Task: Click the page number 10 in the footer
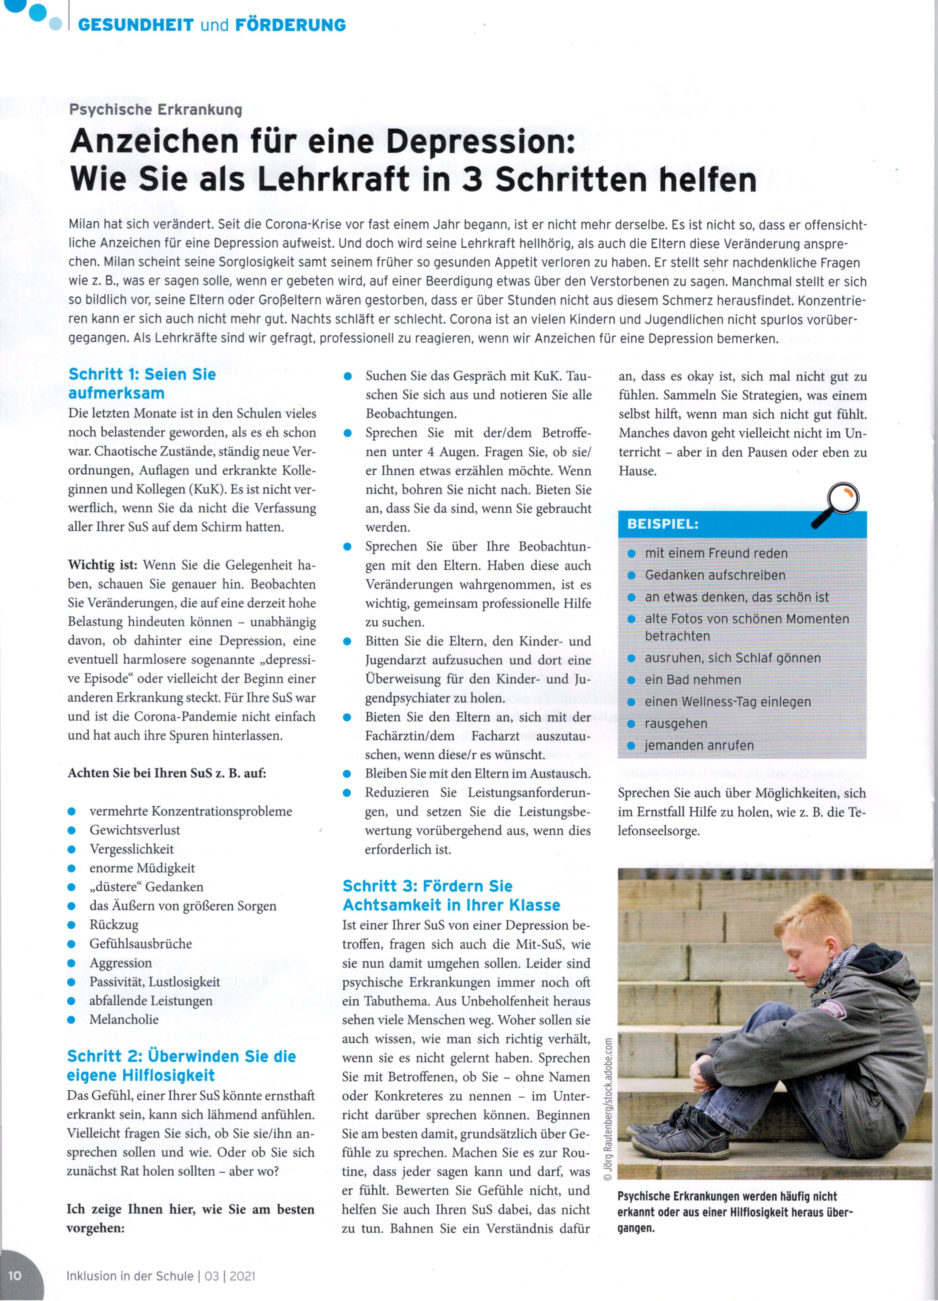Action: pyautogui.click(x=15, y=1276)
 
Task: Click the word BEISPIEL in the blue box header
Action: pyautogui.click(x=663, y=524)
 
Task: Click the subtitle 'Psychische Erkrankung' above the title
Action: pyautogui.click(x=155, y=109)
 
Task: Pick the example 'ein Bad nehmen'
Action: pyautogui.click(x=693, y=680)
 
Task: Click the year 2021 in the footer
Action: pyautogui.click(x=242, y=1276)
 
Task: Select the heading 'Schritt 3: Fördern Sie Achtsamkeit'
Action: pyautogui.click(x=451, y=896)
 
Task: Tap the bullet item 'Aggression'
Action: pyautogui.click(x=120, y=963)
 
